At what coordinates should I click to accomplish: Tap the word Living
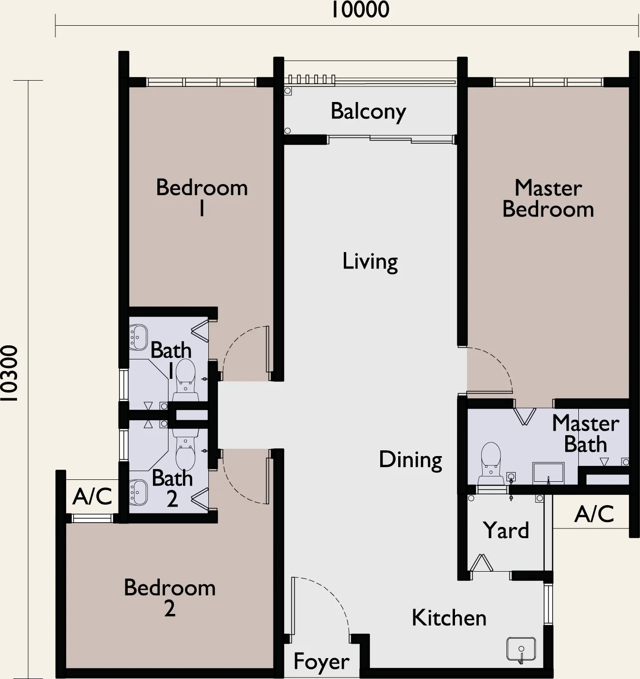click(x=370, y=262)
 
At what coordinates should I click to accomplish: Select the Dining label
click(x=410, y=460)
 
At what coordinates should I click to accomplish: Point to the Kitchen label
click(x=449, y=618)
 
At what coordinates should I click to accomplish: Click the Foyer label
click(x=321, y=662)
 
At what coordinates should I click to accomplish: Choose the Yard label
click(x=506, y=530)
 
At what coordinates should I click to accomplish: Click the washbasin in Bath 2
click(x=138, y=492)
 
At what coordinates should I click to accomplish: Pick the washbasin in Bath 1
click(x=138, y=338)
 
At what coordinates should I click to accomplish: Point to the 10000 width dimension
click(x=360, y=10)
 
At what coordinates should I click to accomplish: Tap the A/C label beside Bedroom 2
click(x=92, y=496)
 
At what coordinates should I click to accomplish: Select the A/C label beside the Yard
click(x=594, y=514)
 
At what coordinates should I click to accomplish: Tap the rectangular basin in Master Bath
click(x=548, y=474)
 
